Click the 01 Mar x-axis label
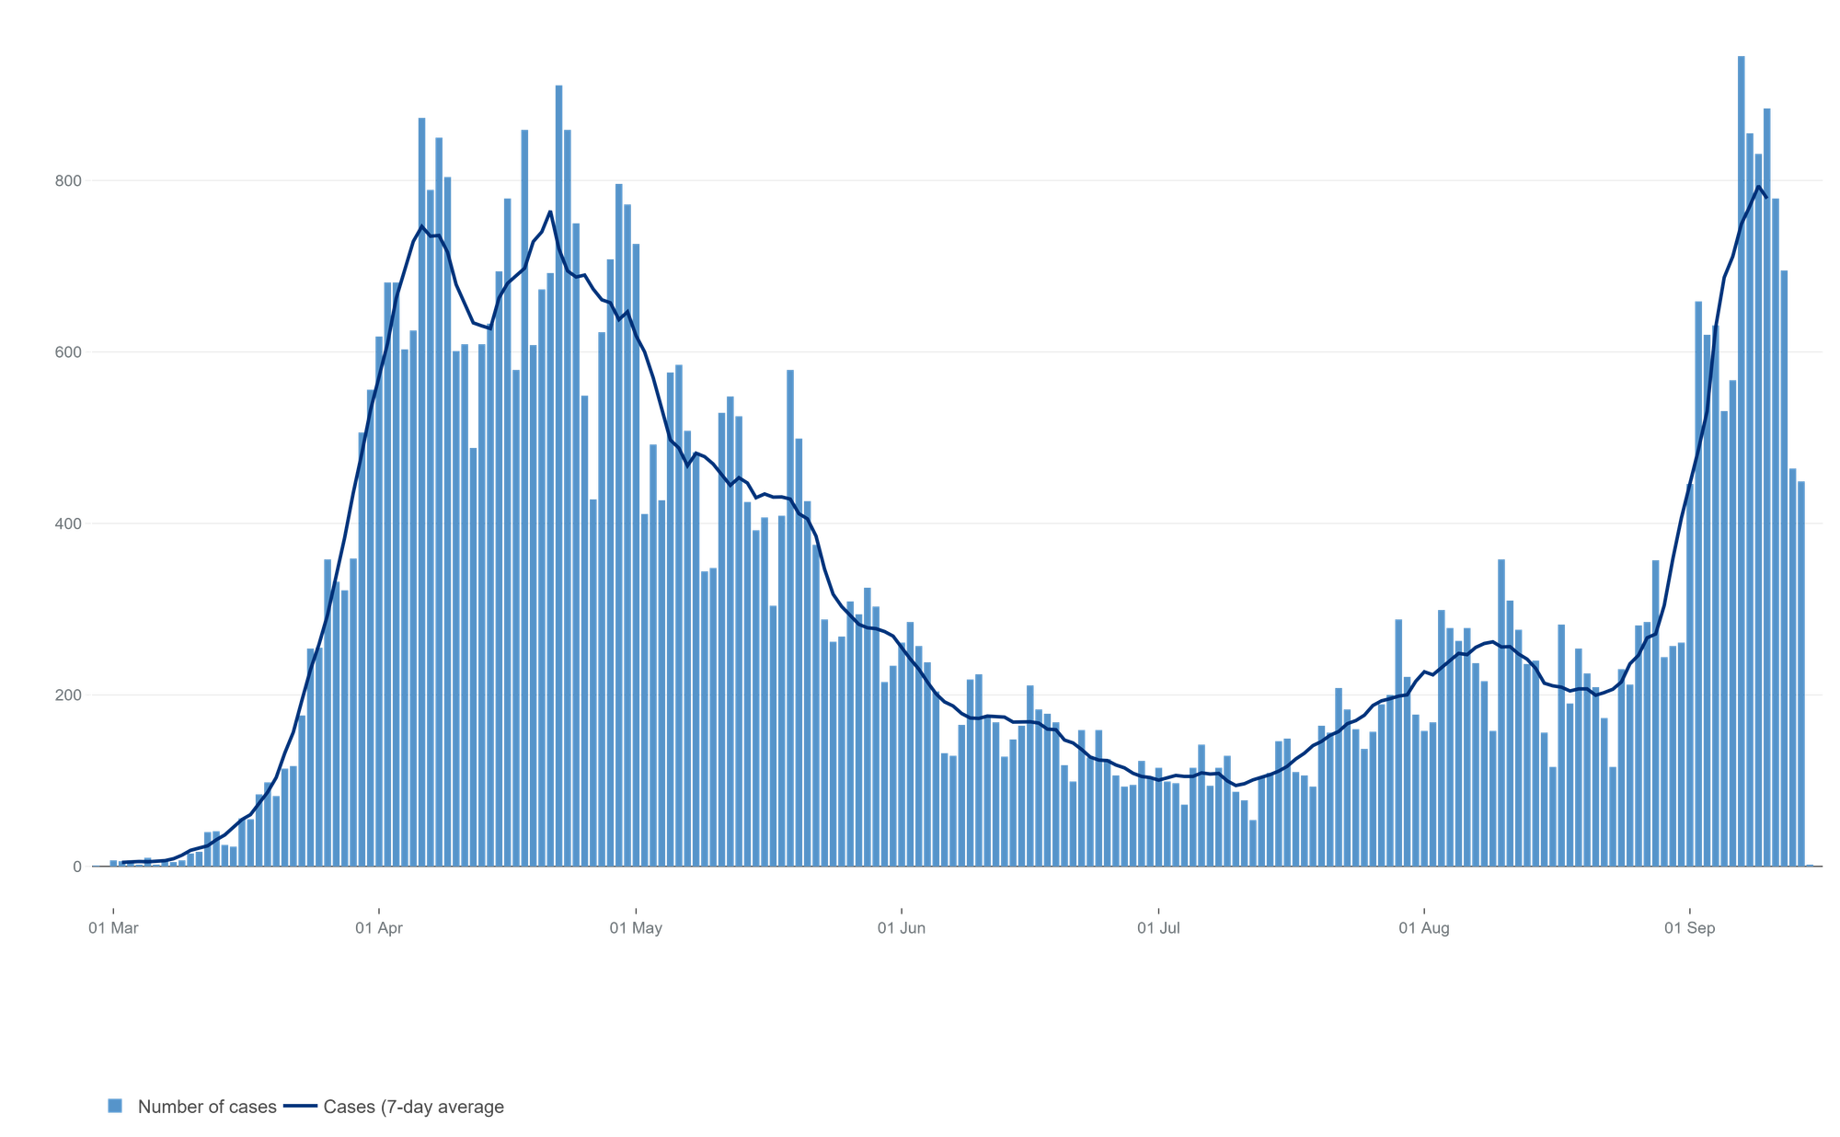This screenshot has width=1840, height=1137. click(113, 928)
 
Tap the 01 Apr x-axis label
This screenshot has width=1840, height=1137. click(379, 928)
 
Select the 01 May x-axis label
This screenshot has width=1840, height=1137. click(636, 928)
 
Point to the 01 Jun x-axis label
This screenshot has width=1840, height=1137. click(902, 928)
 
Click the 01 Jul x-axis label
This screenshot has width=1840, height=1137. click(1158, 928)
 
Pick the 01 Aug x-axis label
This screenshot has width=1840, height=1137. click(1424, 928)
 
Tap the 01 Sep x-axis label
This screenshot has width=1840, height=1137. click(1689, 928)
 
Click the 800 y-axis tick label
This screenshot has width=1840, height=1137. click(67, 180)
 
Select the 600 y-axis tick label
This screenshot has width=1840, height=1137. click(67, 351)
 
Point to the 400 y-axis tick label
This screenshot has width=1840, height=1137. click(67, 523)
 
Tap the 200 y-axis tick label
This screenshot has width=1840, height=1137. click(67, 695)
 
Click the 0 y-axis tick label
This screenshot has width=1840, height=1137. click(77, 867)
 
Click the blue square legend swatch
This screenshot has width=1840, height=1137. click(115, 1106)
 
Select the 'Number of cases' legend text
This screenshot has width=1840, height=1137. click(207, 1107)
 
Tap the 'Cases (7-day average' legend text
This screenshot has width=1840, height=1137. click(413, 1107)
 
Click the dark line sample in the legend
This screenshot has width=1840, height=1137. click(301, 1106)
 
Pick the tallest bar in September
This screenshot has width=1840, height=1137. click(1741, 460)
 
